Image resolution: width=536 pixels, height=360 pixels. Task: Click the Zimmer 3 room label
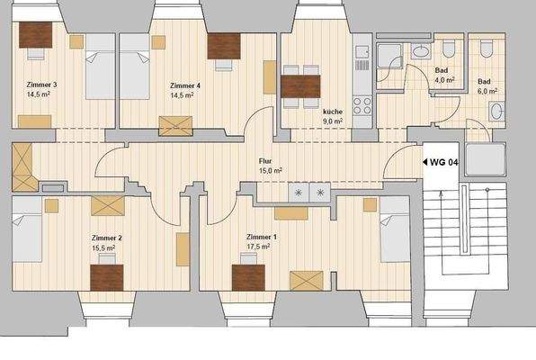point(42,85)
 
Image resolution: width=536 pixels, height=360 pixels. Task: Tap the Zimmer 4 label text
point(184,85)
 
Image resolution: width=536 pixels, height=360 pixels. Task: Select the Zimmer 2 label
point(107,237)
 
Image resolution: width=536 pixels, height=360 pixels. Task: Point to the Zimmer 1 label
point(262,237)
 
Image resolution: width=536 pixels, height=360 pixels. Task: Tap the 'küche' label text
point(333,112)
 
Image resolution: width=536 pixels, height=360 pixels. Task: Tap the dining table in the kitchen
point(301,86)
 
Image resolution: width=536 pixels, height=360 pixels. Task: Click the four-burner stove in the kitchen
point(362,103)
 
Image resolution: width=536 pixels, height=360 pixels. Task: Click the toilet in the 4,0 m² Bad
point(421,52)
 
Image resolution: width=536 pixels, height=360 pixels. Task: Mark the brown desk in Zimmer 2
point(109,274)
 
